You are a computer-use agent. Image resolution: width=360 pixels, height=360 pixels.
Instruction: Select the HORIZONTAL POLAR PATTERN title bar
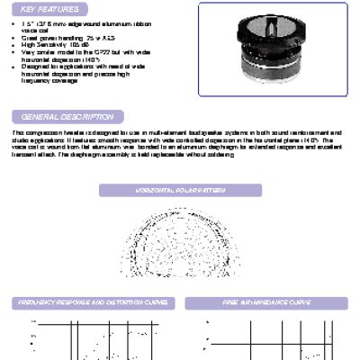tap(179, 192)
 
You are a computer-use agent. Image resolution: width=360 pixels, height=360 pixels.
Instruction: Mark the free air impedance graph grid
tap(266, 337)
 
